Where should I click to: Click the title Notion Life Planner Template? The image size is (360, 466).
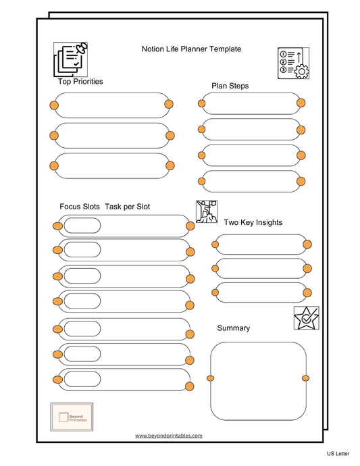(x=191, y=49)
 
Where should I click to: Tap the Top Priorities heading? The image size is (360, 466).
(x=80, y=82)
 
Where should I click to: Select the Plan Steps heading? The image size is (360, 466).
(x=230, y=86)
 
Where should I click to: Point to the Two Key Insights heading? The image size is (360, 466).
(x=253, y=222)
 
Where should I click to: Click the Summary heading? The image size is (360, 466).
(x=233, y=328)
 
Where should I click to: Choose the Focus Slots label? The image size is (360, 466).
(x=80, y=207)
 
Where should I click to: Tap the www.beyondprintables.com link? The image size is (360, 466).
(x=168, y=436)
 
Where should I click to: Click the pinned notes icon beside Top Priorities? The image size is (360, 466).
(x=71, y=59)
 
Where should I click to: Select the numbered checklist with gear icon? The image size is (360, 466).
(x=293, y=63)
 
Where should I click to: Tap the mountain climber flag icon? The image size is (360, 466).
(x=207, y=211)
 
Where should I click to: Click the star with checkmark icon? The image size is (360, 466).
(x=306, y=317)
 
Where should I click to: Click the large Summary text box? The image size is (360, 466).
(x=258, y=380)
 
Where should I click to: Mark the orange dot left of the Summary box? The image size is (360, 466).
(x=211, y=378)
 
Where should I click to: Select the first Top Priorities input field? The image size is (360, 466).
(x=111, y=105)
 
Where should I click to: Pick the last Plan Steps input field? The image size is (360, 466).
(x=250, y=181)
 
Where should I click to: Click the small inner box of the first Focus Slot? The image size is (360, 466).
(x=82, y=226)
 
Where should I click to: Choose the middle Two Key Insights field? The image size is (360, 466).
(x=261, y=268)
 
